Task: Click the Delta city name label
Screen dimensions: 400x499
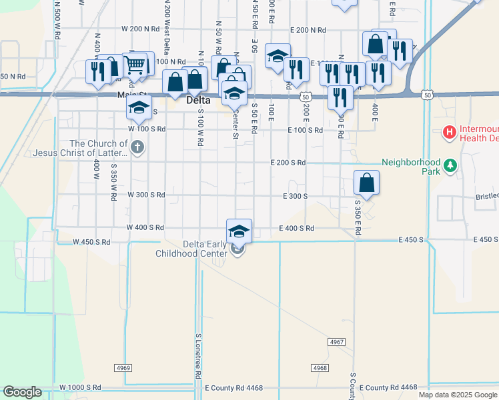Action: (197, 101)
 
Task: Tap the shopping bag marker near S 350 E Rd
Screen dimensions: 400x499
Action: (366, 182)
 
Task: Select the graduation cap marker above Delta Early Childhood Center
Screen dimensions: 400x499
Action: (239, 231)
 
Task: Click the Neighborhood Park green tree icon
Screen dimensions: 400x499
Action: (450, 165)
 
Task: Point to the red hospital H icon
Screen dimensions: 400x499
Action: (450, 133)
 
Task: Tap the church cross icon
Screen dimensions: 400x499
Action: (137, 147)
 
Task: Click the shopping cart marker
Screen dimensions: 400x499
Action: (135, 65)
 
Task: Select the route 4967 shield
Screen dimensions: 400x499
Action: (337, 341)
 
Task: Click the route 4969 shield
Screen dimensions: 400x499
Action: (123, 367)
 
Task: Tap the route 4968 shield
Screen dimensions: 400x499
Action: (320, 367)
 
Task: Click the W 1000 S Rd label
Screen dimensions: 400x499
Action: (80, 387)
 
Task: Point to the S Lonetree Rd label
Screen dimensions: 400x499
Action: (198, 357)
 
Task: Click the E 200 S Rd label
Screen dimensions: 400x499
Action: (288, 163)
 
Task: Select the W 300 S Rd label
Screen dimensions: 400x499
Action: (146, 195)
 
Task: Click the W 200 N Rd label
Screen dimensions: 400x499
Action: (140, 30)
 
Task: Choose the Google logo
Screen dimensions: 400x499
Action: (22, 391)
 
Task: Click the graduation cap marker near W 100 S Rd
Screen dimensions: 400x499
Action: (139, 107)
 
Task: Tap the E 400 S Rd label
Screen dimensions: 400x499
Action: (296, 228)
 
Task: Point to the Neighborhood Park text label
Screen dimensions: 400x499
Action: (412, 166)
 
